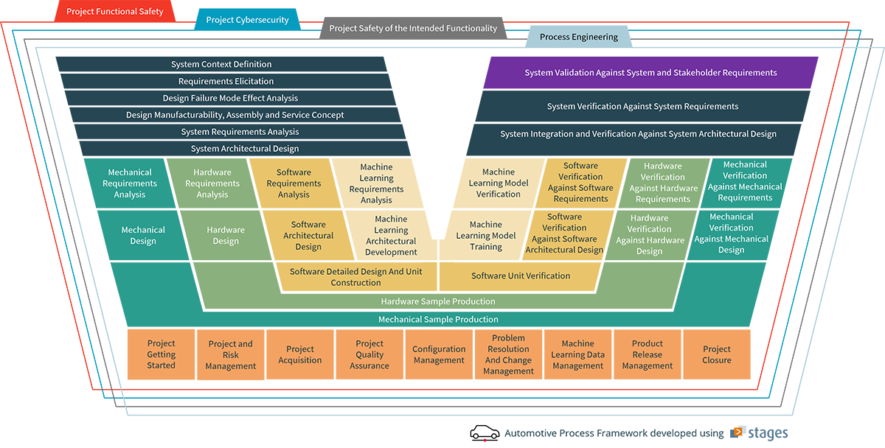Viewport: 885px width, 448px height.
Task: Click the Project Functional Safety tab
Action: tap(115, 12)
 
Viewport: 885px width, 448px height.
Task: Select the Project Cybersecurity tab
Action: tap(247, 20)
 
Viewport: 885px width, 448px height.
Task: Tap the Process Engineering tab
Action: tap(578, 37)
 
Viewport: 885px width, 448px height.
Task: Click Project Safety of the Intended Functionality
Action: tap(413, 29)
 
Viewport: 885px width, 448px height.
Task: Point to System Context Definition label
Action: tap(221, 65)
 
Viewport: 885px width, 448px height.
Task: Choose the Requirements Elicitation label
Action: tap(226, 82)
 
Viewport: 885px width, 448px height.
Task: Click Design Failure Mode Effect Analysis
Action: tap(230, 99)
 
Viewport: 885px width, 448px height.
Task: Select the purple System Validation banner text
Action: tap(650, 73)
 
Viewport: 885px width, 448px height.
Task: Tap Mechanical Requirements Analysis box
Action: tap(130, 183)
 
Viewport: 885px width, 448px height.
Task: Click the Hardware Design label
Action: tap(226, 236)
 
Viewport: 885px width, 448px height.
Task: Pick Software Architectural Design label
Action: tap(308, 236)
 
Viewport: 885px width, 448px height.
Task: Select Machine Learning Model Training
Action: tap(486, 236)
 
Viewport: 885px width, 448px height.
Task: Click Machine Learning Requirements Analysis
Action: tap(376, 183)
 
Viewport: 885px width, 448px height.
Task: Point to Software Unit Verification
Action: tap(521, 276)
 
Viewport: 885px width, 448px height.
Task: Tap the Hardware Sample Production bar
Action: tap(438, 301)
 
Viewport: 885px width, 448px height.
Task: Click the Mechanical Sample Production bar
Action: tap(438, 320)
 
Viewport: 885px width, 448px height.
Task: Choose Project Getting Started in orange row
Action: tap(161, 354)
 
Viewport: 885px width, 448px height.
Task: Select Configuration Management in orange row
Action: tap(439, 354)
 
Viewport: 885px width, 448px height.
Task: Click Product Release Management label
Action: tap(647, 354)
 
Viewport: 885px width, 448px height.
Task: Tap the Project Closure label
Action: tap(716, 354)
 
